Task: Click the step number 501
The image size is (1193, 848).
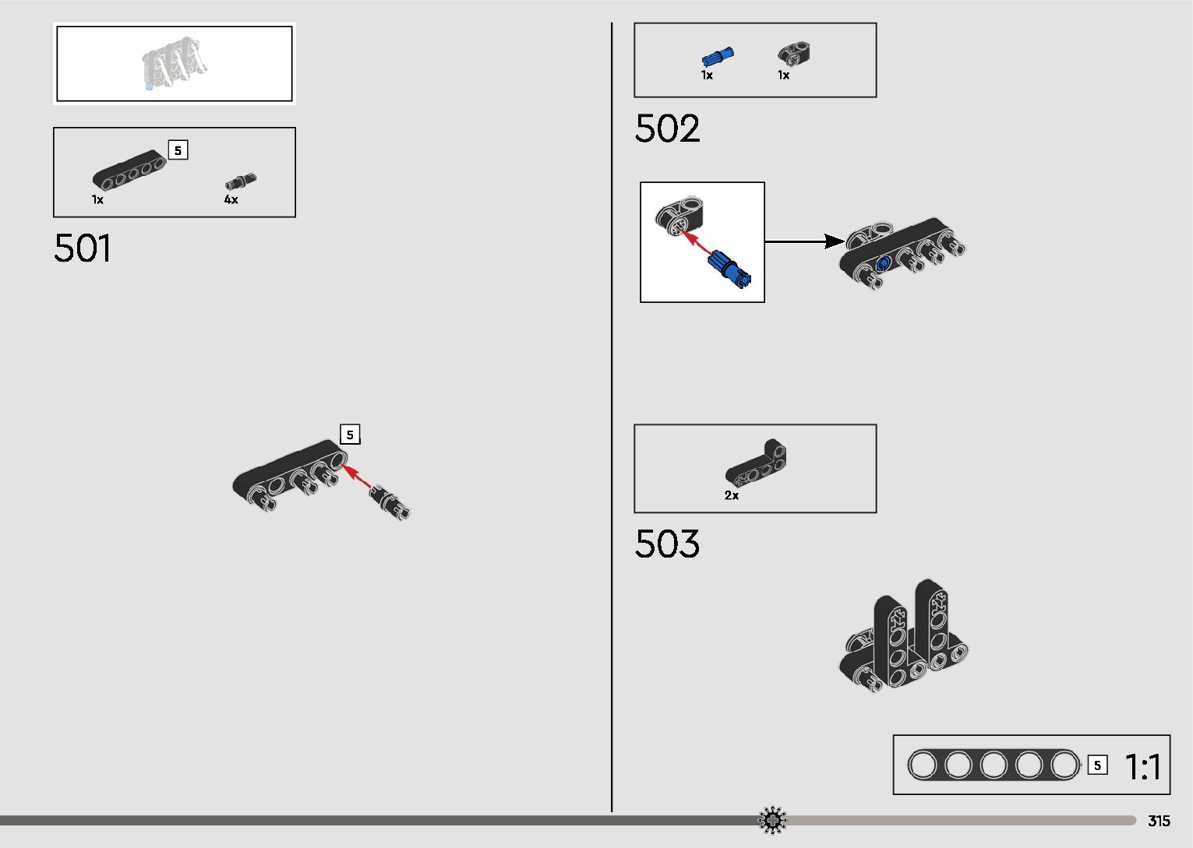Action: pos(83,249)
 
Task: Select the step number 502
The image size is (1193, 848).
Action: pos(667,129)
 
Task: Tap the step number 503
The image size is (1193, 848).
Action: pos(667,544)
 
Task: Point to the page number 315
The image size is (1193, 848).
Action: pos(1159,821)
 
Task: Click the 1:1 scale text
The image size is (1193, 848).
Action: pos(1142,767)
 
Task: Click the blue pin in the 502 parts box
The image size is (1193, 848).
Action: pos(718,58)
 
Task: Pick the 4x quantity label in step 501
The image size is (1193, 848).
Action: pos(231,200)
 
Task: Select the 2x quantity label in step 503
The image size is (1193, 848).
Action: pos(732,495)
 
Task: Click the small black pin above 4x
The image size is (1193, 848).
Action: pos(241,181)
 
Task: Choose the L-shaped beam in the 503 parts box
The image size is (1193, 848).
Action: pos(757,465)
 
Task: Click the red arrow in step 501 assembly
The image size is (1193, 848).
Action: pos(358,476)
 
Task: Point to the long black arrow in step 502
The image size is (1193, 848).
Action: pos(803,241)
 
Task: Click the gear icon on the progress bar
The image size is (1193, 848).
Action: pos(772,820)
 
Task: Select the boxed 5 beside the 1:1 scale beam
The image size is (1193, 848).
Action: pos(1097,765)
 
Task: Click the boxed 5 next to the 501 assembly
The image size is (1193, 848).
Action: pos(350,435)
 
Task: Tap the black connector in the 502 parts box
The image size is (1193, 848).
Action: pos(794,55)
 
